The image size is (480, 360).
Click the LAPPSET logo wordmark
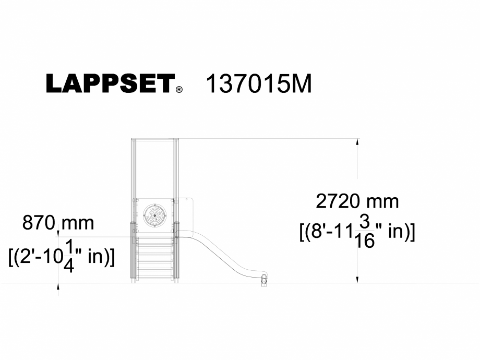tap(110, 83)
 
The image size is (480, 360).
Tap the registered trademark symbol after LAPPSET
tap(179, 90)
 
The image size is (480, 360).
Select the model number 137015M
tap(259, 83)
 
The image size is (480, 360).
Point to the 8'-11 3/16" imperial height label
tap(357, 231)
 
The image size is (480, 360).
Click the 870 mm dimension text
tap(58, 223)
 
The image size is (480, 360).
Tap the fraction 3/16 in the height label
tap(365, 231)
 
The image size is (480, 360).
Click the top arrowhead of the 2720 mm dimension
tap(357, 141)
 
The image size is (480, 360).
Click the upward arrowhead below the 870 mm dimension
tap(58, 286)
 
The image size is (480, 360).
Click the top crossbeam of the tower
tap(155, 139)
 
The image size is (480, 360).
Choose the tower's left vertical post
tap(134, 209)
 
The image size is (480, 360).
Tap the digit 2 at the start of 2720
tap(321, 201)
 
